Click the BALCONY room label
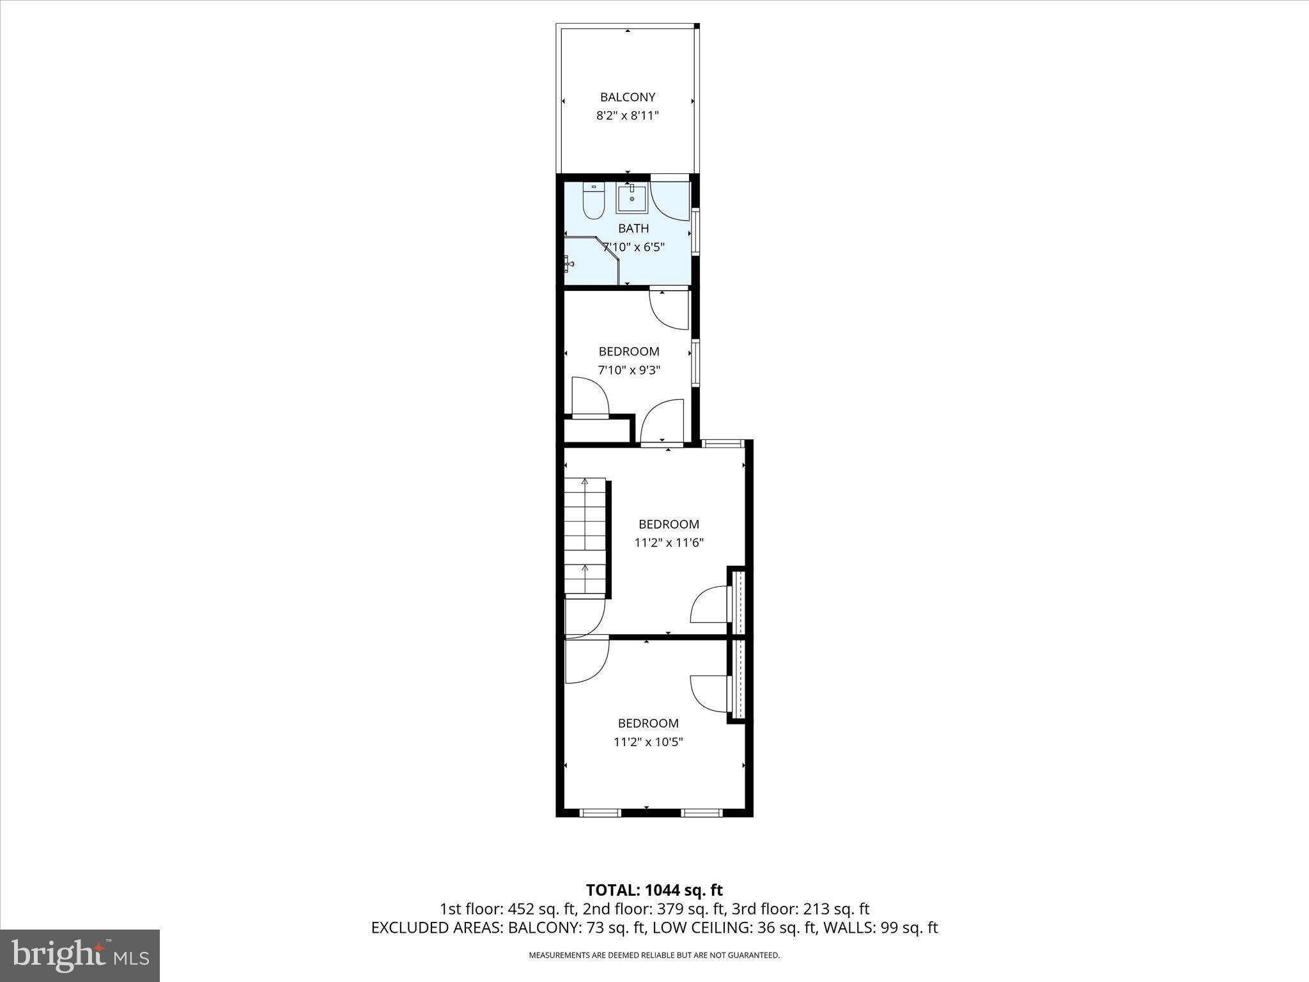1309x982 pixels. click(x=627, y=97)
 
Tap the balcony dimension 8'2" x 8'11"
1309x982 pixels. click(x=627, y=116)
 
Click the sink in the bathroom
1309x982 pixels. click(x=631, y=198)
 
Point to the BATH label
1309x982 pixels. click(x=633, y=228)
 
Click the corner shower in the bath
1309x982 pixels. click(x=588, y=262)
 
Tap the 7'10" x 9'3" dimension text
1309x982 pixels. click(x=629, y=370)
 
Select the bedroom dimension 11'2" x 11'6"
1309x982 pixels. click(x=669, y=543)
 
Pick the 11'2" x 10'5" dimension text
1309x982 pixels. click(x=648, y=742)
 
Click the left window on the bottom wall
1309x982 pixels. click(x=600, y=813)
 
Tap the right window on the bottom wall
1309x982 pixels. click(x=701, y=813)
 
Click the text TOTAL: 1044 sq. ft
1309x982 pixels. click(x=654, y=889)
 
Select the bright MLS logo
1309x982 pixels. click(x=80, y=955)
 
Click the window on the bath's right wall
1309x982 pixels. click(x=695, y=233)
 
